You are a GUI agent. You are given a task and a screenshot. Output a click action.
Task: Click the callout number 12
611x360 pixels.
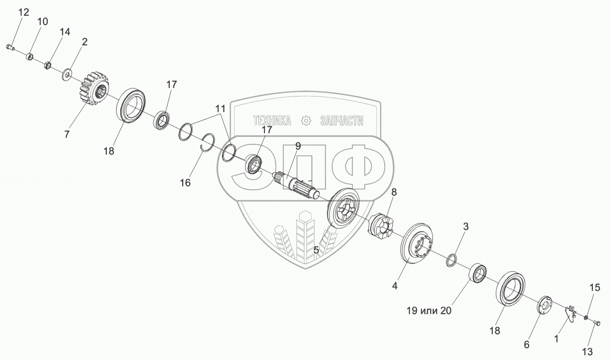[x=23, y=12]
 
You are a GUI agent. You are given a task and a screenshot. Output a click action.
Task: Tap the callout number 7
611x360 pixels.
[x=67, y=134]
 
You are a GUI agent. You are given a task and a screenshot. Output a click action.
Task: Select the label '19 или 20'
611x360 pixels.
[x=428, y=311]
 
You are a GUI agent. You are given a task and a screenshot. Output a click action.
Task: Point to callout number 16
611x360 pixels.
[x=185, y=183]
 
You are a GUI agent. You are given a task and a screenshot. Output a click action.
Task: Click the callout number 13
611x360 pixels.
[x=588, y=351]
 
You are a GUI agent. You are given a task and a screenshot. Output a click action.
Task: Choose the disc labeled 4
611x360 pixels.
[x=417, y=243]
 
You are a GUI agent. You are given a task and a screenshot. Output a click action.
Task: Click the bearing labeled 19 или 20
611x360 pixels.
[x=478, y=274]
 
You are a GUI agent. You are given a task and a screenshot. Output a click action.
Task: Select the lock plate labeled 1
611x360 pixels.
[x=570, y=314]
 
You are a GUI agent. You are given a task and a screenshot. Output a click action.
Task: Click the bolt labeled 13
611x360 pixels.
[x=596, y=323]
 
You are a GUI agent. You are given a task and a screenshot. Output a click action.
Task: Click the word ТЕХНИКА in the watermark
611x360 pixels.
[x=272, y=121]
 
